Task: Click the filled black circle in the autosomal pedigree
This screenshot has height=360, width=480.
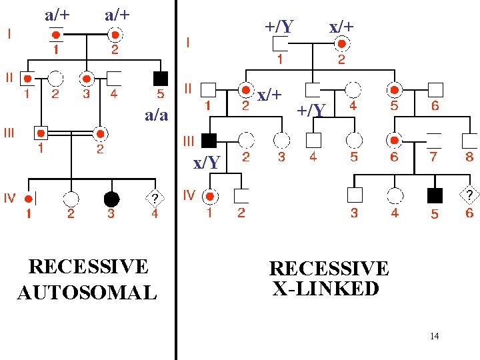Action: (111, 198)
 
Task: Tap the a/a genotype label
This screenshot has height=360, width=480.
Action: (156, 115)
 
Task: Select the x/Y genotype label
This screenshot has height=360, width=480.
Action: (207, 162)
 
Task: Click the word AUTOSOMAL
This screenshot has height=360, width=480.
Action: (87, 292)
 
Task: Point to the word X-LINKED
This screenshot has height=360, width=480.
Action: (326, 289)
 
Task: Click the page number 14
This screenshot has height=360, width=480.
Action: (434, 336)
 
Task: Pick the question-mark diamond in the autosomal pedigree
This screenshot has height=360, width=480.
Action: (155, 198)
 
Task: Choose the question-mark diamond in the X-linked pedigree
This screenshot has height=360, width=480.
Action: (469, 195)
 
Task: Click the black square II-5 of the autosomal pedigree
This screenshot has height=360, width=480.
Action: (160, 77)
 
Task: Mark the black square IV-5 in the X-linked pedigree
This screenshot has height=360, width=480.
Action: (434, 195)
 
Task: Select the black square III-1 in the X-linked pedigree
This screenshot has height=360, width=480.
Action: (209, 140)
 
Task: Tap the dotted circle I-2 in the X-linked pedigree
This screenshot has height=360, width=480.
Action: (342, 44)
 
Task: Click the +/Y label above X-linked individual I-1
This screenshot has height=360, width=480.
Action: (279, 27)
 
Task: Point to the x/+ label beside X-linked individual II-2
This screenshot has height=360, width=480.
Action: (269, 95)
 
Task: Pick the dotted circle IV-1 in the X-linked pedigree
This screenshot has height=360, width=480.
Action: (209, 196)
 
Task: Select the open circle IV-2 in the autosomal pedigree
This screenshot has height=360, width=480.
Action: (71, 198)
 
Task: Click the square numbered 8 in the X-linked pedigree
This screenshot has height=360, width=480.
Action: (470, 140)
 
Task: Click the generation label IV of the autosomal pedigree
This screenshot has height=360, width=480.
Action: (10, 198)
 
